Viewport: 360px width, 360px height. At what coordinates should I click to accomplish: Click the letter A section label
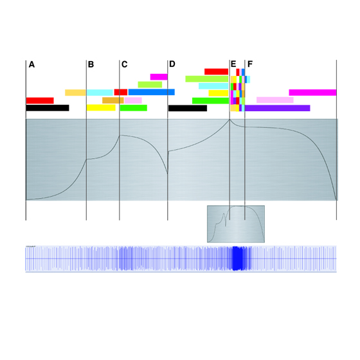pyautogui.click(x=32, y=64)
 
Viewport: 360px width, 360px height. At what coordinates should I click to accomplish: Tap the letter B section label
pyautogui.click(x=91, y=64)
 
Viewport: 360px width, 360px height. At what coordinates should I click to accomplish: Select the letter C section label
pyautogui.click(x=125, y=64)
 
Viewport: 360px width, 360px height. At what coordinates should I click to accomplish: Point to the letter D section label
pyautogui.click(x=172, y=64)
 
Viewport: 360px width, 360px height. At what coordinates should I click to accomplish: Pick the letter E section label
pyautogui.click(x=233, y=64)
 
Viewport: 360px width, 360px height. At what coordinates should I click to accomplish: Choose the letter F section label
pyautogui.click(x=250, y=64)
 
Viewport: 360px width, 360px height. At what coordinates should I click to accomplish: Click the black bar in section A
pyautogui.click(x=48, y=108)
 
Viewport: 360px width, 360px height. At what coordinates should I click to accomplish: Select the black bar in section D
pyautogui.click(x=188, y=108)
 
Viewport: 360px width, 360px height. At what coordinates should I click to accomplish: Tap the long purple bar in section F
pyautogui.click(x=277, y=108)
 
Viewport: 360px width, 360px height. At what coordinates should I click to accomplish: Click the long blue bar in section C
pyautogui.click(x=152, y=92)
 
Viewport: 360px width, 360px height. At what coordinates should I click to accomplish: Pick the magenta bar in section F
pyautogui.click(x=312, y=93)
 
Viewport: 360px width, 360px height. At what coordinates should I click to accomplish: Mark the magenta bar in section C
pyautogui.click(x=159, y=77)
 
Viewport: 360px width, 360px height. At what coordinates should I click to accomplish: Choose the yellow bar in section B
pyautogui.click(x=101, y=108)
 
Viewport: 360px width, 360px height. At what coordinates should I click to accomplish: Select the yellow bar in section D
pyautogui.click(x=219, y=93)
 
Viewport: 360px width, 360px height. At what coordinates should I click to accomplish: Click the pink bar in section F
pyautogui.click(x=275, y=100)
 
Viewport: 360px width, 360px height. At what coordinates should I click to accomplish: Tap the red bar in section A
pyautogui.click(x=40, y=100)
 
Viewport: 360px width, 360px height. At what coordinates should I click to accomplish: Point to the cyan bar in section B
pyautogui.click(x=100, y=93)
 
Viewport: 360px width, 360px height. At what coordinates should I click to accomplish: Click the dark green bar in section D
pyautogui.click(x=211, y=101)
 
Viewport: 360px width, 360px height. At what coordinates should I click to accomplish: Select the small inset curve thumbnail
pyautogui.click(x=236, y=224)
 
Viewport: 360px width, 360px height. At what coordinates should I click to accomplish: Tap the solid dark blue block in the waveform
pyautogui.click(x=238, y=258)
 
